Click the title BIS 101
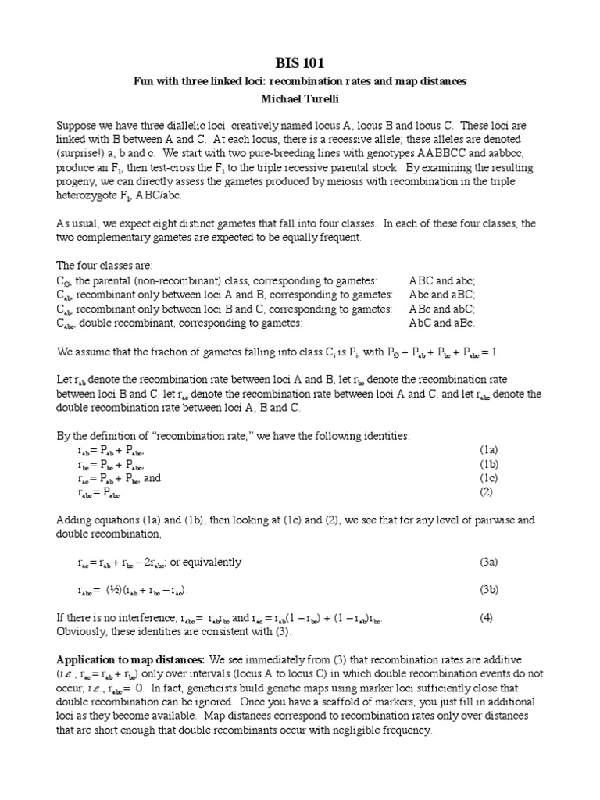click(x=301, y=62)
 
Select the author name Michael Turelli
click(x=301, y=99)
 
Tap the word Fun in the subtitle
click(x=141, y=81)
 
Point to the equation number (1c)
click(x=488, y=477)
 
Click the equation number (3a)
click(x=488, y=561)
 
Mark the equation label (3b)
click(x=488, y=589)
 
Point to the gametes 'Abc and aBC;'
click(x=441, y=295)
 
